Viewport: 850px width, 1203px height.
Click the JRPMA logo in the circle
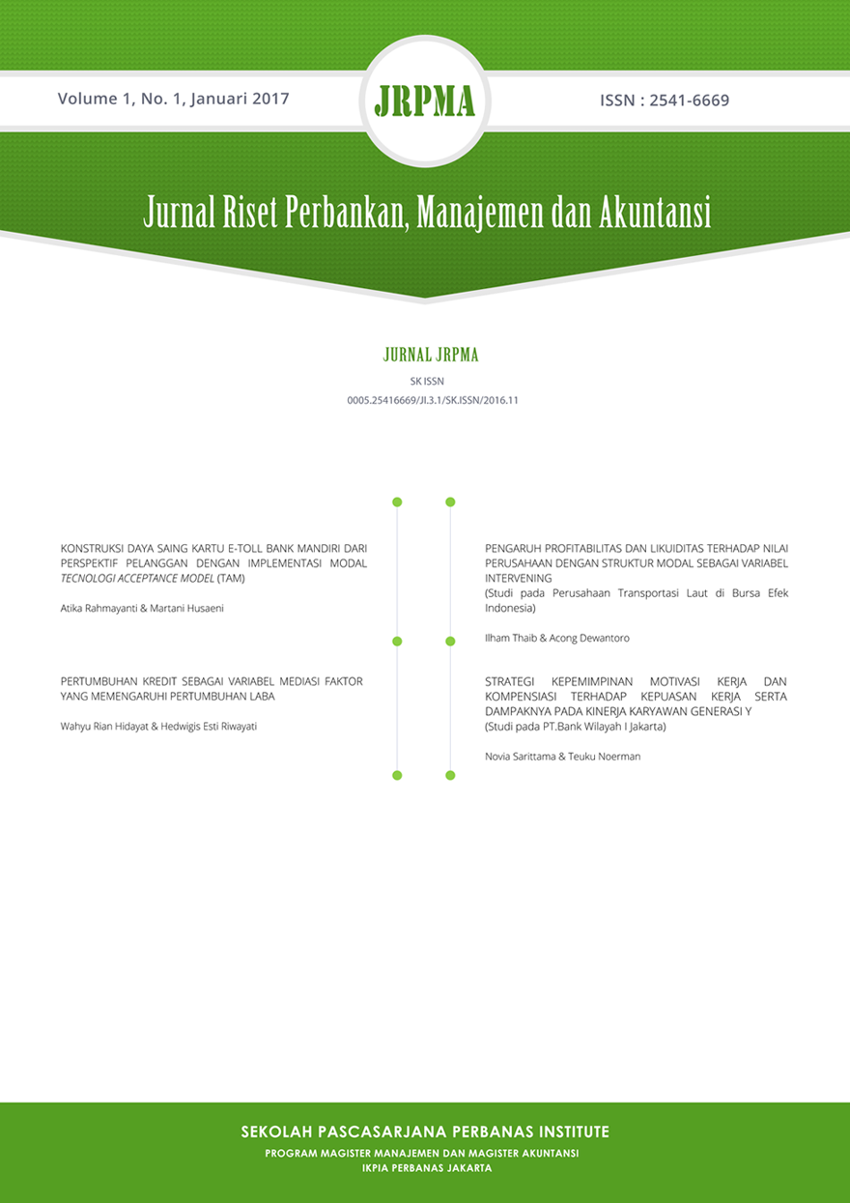pos(424,101)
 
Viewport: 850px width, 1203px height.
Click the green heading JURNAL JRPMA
pos(431,356)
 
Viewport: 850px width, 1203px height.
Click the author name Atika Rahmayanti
pos(98,607)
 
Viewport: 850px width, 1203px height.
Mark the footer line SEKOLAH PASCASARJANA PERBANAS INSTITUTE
pos(425,1131)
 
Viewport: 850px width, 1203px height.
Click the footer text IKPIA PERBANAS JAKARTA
pos(425,1167)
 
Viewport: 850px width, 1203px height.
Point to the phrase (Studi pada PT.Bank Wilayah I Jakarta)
pos(576,726)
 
